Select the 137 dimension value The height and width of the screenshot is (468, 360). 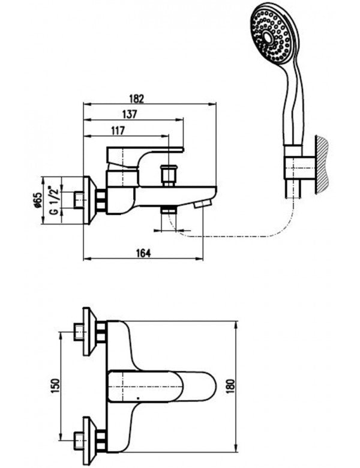coord(130,115)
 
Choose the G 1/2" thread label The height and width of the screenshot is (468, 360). coord(53,200)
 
